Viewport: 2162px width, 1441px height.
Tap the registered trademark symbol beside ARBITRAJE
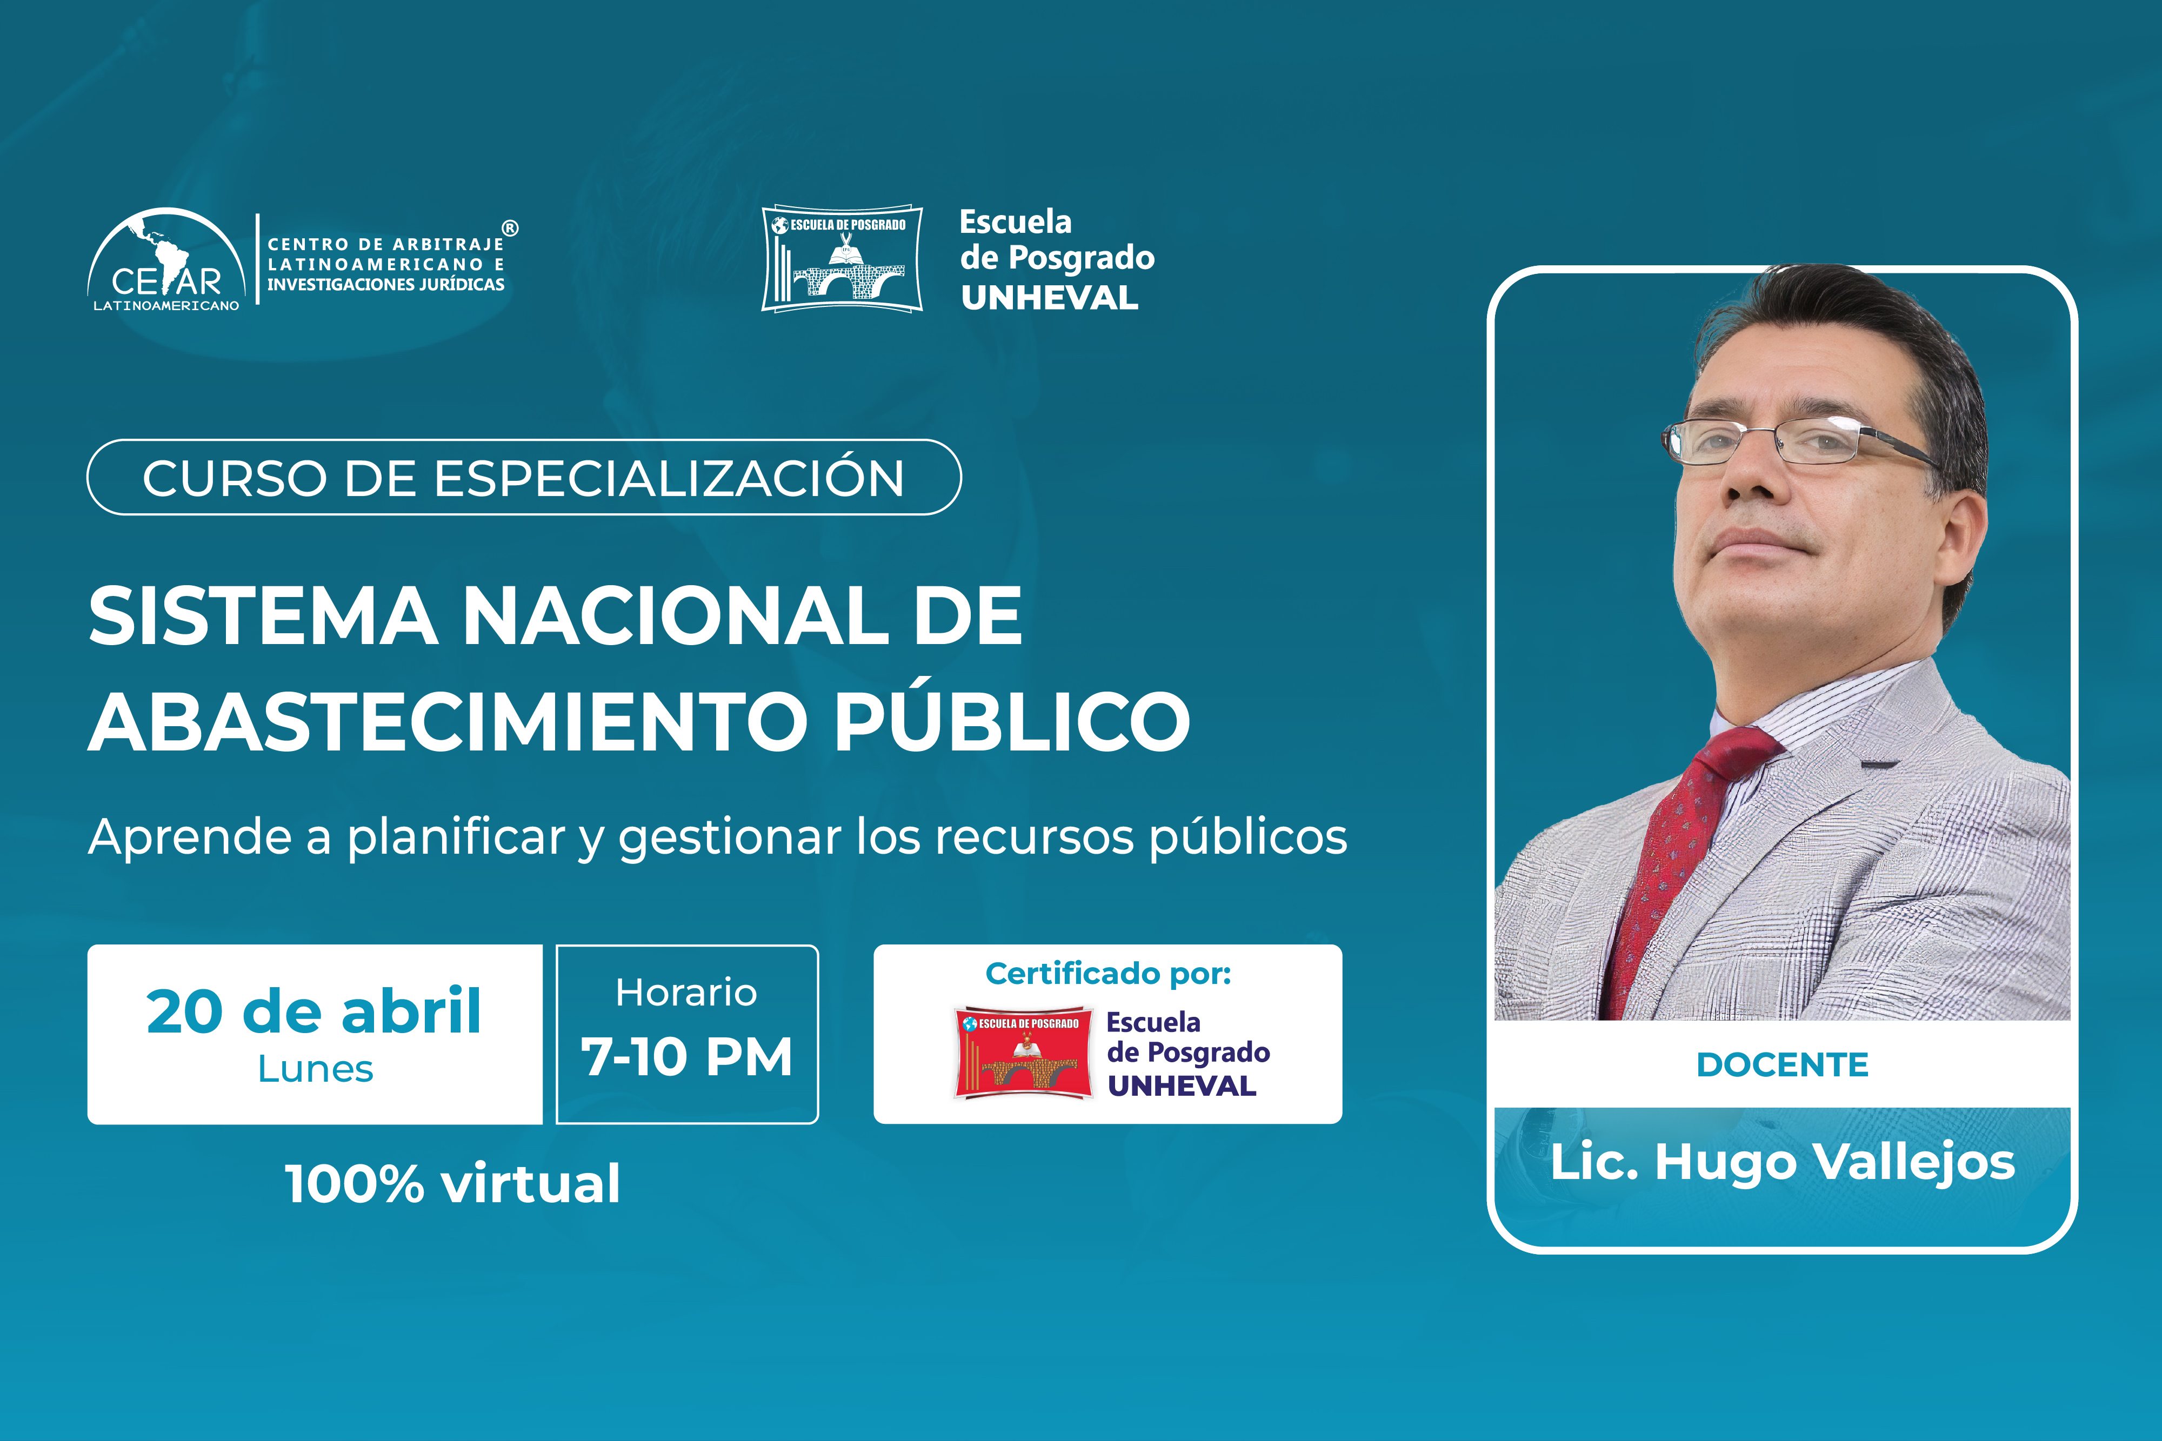(510, 228)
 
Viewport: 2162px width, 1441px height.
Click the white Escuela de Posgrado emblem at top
(842, 258)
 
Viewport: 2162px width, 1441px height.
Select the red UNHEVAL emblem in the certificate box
(1023, 1053)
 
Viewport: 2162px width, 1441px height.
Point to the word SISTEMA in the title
(263, 616)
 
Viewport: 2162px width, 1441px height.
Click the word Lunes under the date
(315, 1069)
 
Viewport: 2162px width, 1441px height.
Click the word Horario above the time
(686, 993)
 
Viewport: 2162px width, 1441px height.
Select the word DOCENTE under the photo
(1783, 1064)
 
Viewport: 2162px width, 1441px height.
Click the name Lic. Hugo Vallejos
(1783, 1163)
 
